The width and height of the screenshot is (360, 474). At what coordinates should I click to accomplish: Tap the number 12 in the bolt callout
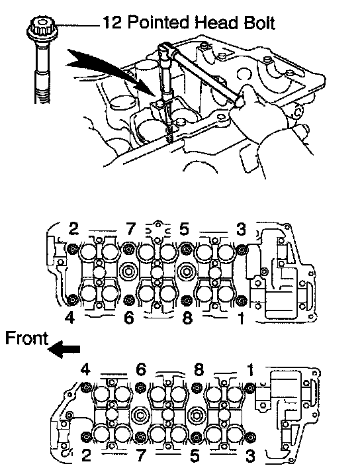click(x=112, y=23)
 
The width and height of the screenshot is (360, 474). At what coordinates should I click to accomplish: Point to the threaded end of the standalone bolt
click(x=42, y=91)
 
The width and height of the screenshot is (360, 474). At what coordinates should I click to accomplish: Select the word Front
click(x=26, y=338)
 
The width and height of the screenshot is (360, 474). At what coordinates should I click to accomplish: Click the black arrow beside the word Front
click(x=64, y=349)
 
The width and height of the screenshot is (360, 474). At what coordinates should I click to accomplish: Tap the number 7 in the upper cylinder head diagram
click(x=130, y=229)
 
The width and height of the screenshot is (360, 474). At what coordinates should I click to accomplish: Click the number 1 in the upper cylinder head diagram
click(x=241, y=318)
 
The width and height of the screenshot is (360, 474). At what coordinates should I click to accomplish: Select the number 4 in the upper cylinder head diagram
click(x=70, y=317)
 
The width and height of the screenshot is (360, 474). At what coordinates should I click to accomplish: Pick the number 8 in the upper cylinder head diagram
click(x=187, y=318)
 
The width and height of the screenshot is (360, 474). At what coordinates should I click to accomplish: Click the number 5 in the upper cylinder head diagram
click(x=184, y=229)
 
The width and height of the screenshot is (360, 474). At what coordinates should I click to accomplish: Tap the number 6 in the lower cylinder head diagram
click(x=141, y=369)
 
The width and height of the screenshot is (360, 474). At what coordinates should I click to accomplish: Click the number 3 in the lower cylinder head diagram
click(x=250, y=457)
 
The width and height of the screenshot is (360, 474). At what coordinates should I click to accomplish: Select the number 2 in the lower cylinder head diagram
click(x=86, y=455)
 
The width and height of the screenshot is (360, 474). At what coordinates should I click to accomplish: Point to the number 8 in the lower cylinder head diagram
click(x=199, y=369)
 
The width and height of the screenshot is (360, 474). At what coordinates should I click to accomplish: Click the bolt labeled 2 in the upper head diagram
click(x=73, y=249)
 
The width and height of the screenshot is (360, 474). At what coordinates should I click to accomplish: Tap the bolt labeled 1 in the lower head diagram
click(x=250, y=387)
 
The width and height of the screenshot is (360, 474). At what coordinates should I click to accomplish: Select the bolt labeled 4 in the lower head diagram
click(x=87, y=387)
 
